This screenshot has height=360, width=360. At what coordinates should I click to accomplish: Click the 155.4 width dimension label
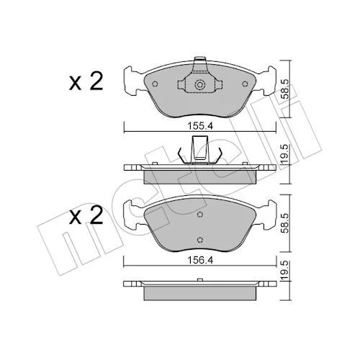(x=200, y=126)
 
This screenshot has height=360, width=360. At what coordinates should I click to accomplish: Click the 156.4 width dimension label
(x=200, y=260)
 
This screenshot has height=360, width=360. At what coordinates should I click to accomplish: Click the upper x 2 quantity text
(x=86, y=81)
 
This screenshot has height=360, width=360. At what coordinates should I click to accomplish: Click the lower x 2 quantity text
(x=86, y=215)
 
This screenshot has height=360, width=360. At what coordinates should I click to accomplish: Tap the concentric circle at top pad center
(x=199, y=85)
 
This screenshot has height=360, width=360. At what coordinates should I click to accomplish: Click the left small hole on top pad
(x=155, y=84)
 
